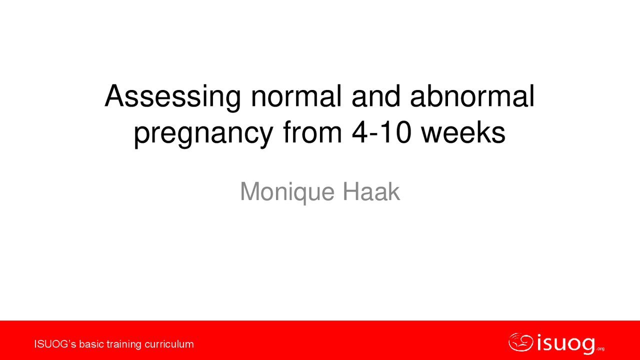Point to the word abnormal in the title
(472, 97)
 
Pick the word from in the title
(313, 133)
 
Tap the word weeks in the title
(463, 133)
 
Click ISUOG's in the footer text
(55, 344)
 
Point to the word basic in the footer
(91, 344)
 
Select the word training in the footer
(124, 344)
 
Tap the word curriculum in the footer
(169, 344)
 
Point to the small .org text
(600, 349)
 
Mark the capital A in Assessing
(114, 97)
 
